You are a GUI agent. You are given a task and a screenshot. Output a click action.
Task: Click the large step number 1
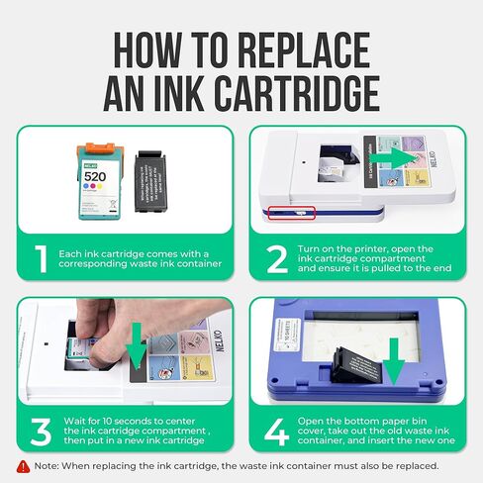39,260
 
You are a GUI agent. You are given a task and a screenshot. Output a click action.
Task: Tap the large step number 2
276,260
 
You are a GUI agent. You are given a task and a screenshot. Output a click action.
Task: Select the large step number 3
40,432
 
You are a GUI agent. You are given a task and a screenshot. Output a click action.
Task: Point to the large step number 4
276,432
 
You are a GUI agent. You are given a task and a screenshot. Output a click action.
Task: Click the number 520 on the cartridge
95,178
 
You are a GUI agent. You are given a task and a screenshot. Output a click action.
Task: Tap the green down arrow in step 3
137,352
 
